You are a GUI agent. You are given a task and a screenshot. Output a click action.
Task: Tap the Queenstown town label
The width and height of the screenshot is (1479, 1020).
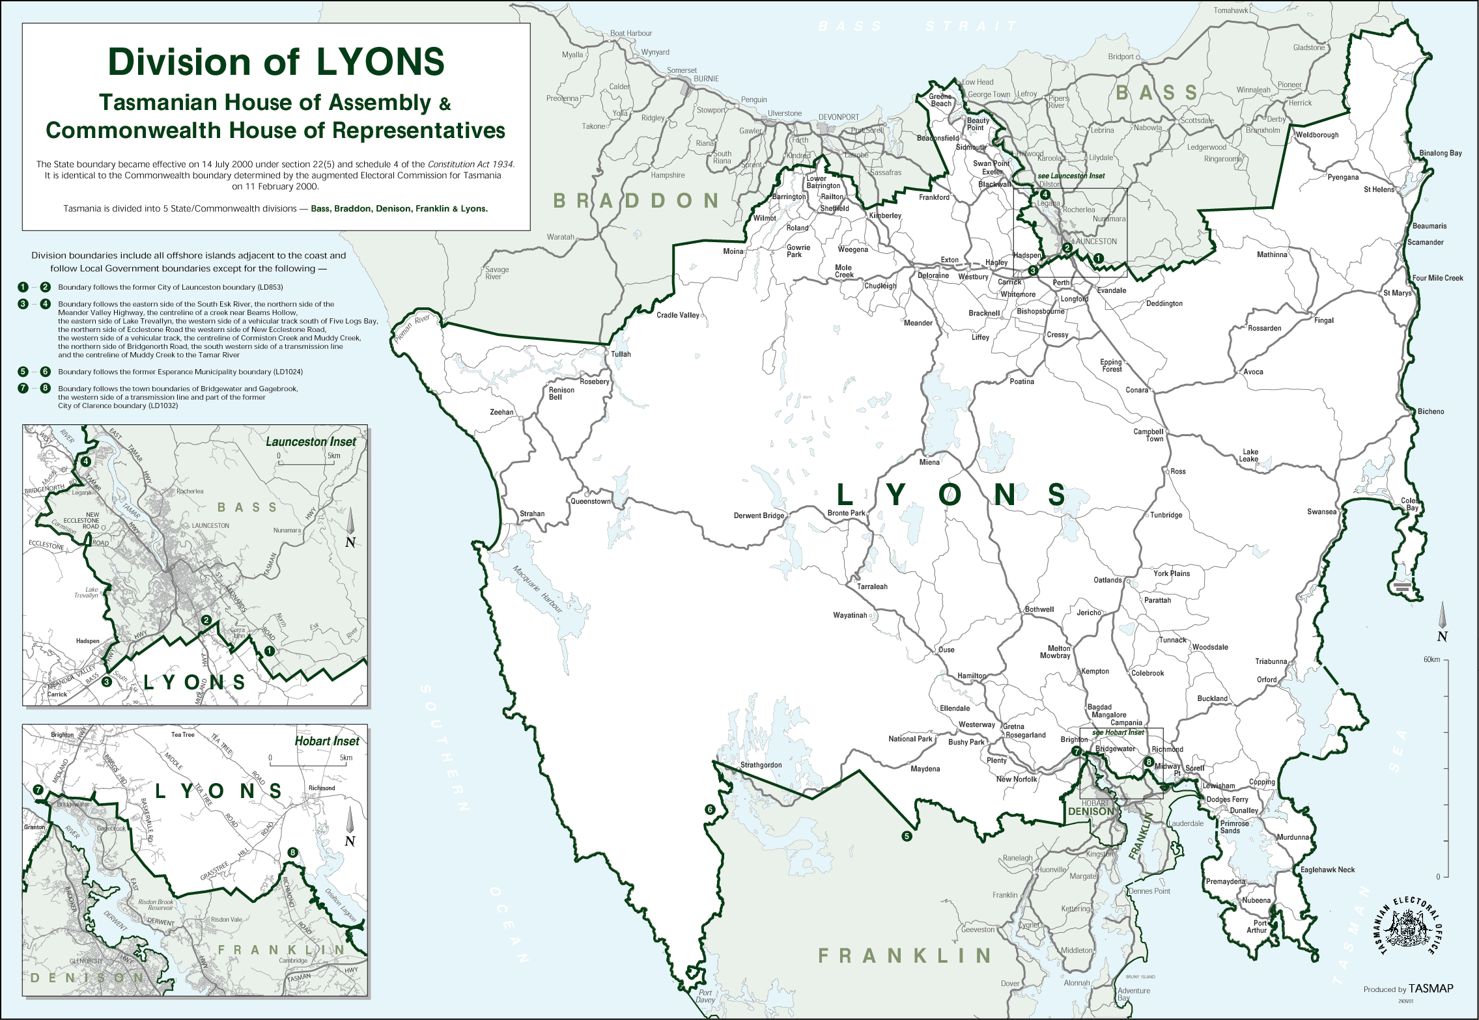click(x=590, y=501)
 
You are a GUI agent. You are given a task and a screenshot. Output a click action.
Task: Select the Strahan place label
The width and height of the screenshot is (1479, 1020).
click(x=532, y=514)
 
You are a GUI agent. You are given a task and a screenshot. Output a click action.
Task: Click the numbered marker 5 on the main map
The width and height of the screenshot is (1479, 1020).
click(x=907, y=836)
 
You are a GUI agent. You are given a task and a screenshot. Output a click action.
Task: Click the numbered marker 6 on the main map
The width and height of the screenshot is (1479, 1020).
click(x=710, y=810)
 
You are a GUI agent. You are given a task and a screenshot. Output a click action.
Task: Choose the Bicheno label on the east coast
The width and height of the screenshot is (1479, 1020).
click(x=1430, y=411)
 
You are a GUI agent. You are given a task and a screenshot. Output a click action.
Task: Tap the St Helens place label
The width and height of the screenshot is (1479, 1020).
click(x=1379, y=189)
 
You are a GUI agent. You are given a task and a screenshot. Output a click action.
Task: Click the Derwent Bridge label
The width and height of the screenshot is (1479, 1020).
click(x=759, y=516)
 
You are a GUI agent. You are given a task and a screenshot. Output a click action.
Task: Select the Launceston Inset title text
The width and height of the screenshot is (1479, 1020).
click(x=311, y=441)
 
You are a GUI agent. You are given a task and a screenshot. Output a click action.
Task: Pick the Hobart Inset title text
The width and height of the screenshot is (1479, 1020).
click(x=326, y=741)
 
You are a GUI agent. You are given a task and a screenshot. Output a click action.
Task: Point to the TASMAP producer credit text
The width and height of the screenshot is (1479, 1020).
click(x=1430, y=989)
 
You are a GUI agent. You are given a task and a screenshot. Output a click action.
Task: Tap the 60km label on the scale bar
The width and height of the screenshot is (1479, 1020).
click(x=1431, y=659)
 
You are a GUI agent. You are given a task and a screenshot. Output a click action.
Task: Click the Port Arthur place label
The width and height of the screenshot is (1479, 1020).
click(x=1256, y=926)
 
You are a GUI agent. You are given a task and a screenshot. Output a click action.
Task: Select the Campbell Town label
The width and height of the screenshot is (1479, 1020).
click(x=1148, y=435)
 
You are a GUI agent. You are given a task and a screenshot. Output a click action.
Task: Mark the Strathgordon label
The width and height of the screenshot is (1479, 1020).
click(x=761, y=765)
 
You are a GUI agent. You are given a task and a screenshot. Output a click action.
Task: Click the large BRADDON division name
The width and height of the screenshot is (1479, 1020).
click(x=636, y=200)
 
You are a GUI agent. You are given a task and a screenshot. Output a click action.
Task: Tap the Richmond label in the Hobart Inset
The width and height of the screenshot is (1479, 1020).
click(x=322, y=788)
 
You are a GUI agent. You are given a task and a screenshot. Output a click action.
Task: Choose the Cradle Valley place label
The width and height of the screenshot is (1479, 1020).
click(x=677, y=315)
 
